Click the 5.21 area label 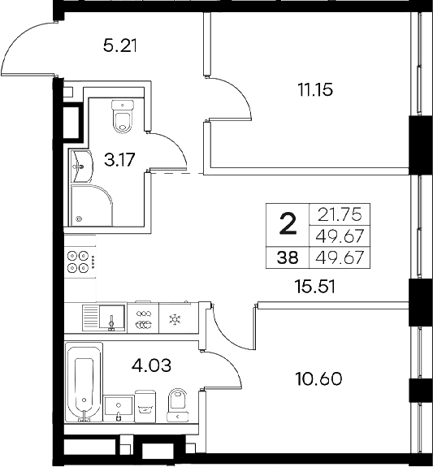click(119, 45)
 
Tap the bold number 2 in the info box click(288, 223)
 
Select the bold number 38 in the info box click(288, 258)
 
